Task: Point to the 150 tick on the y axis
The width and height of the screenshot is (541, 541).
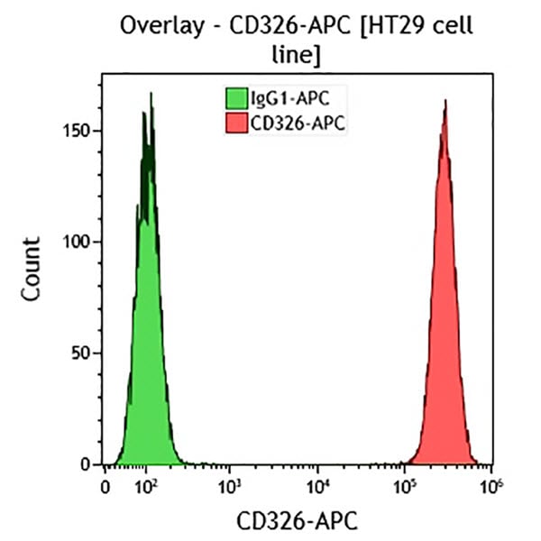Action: pyautogui.click(x=81, y=131)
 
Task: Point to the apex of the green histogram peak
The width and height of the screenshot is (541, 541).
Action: pyautogui.click(x=151, y=93)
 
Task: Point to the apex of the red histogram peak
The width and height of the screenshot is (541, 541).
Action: pyautogui.click(x=445, y=101)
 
